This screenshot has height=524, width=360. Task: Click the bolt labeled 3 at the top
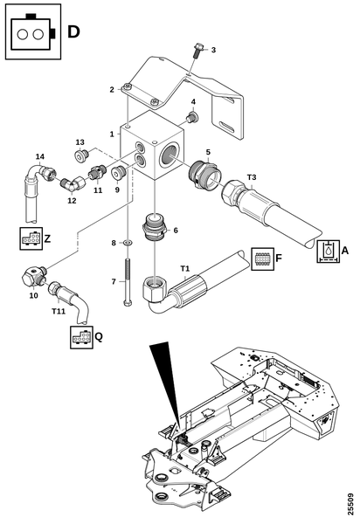[198, 51]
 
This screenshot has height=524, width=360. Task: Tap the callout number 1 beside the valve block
[112, 134]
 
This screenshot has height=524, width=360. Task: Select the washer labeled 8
[128, 242]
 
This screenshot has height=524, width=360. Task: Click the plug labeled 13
[81, 155]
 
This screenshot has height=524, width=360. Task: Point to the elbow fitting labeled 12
[73, 184]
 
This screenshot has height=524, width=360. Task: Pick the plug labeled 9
[118, 173]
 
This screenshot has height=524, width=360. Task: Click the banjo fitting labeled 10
[32, 276]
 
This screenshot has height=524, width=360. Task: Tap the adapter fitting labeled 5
[204, 175]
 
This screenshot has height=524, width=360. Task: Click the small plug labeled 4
[192, 118]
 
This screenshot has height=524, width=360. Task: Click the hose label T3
[252, 177]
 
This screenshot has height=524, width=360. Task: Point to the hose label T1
[185, 268]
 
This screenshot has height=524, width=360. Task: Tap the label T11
[59, 311]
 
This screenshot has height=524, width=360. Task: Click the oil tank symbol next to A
[329, 252]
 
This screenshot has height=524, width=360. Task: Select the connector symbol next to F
[262, 259]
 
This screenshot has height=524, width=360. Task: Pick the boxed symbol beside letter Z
[31, 238]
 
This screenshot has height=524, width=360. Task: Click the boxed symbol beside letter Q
[81, 337]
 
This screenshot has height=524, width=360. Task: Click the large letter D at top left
[73, 31]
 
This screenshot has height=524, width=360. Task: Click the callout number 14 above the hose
[40, 156]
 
